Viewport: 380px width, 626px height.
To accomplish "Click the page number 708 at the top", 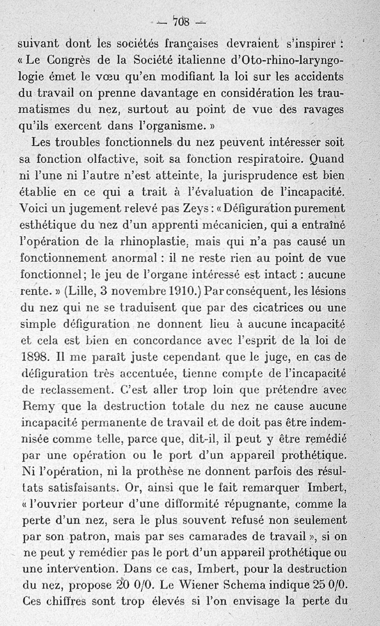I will point(182,21).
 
